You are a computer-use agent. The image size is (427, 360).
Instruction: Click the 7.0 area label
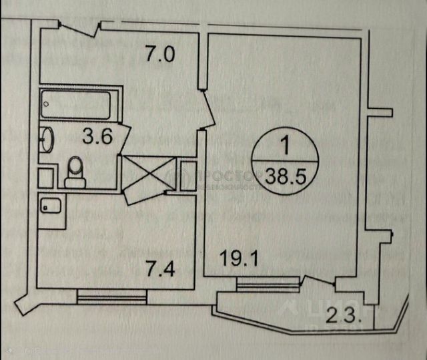pyautogui.click(x=160, y=53)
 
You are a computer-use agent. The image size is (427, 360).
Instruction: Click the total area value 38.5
pyautogui.click(x=285, y=177)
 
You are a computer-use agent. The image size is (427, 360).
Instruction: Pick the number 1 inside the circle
pyautogui.click(x=286, y=144)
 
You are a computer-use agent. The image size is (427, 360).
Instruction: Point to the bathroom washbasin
pyautogui.click(x=49, y=140)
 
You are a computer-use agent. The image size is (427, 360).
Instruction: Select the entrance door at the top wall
pyautogui.click(x=79, y=27)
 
